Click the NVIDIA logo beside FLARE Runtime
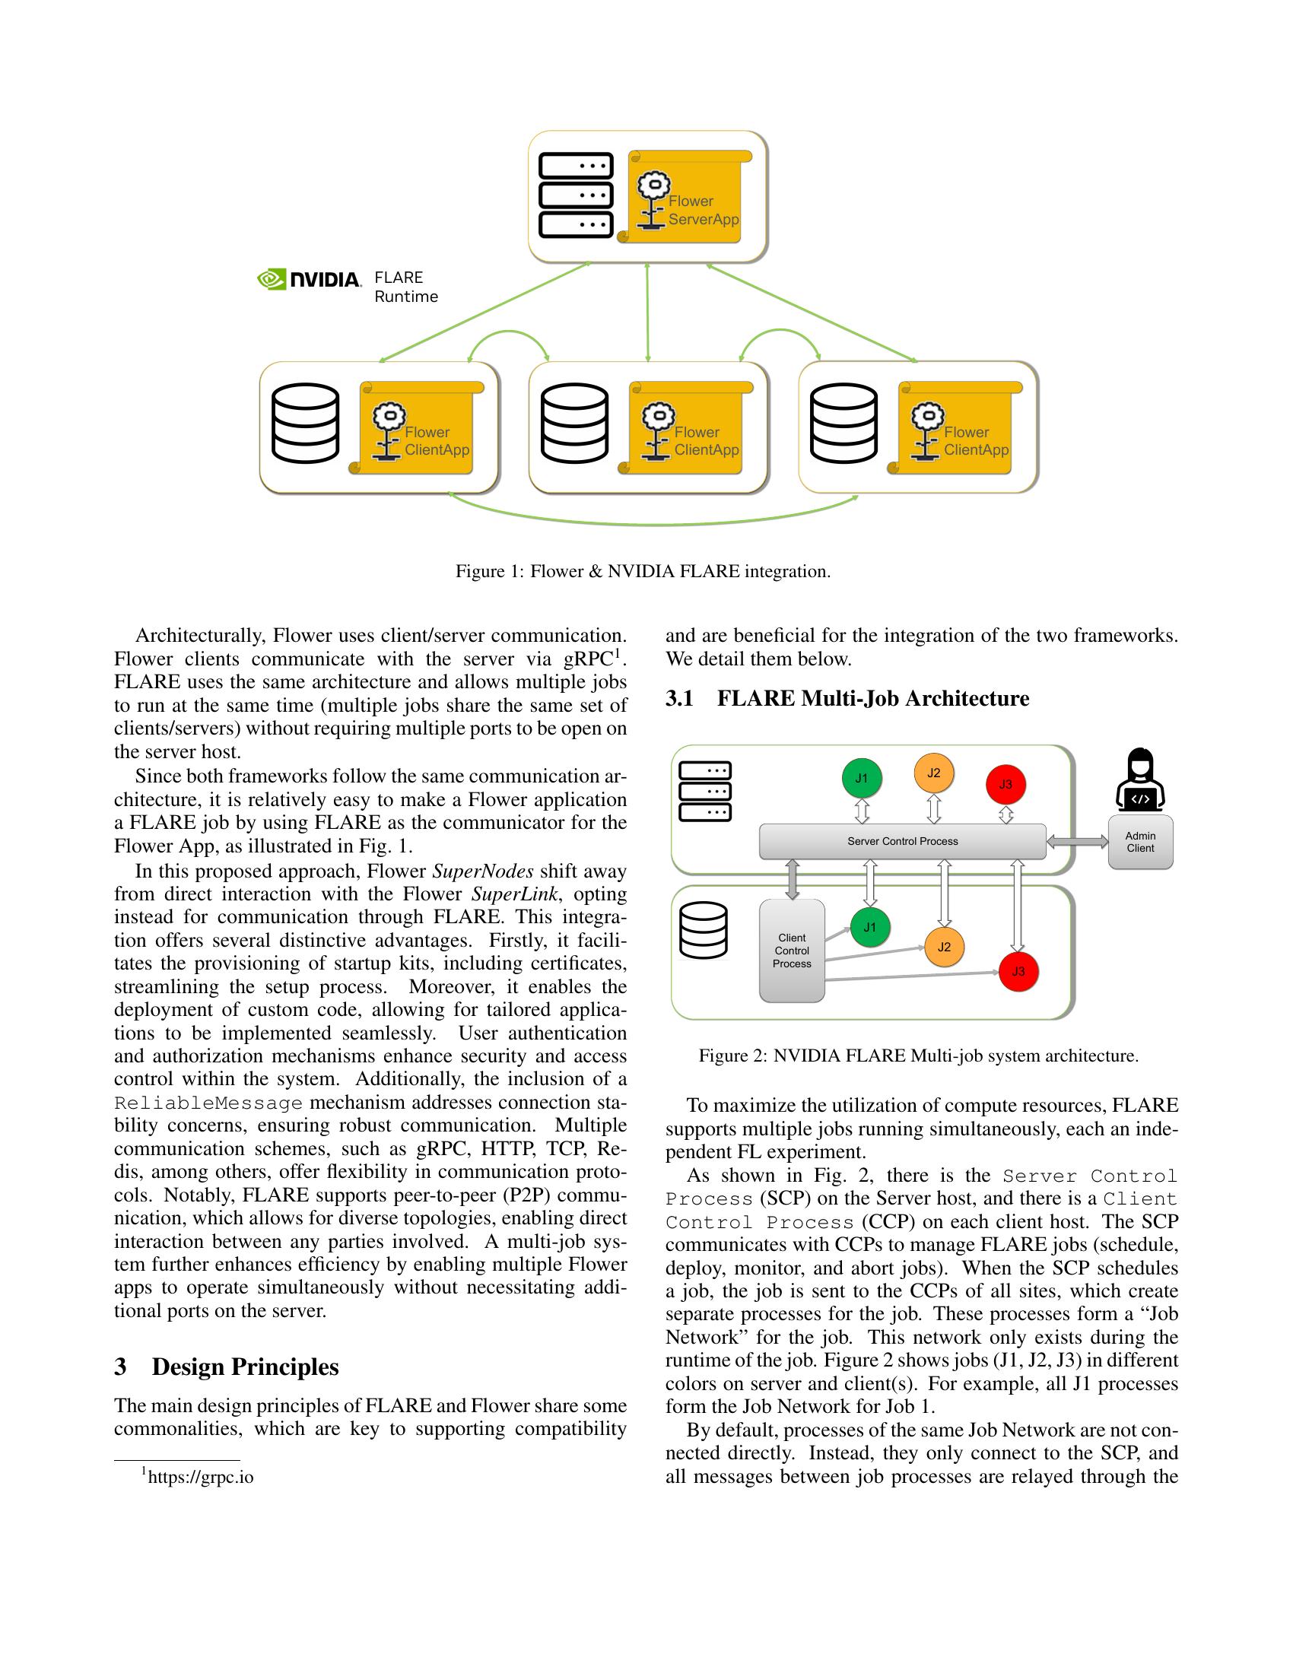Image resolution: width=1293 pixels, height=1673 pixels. (309, 280)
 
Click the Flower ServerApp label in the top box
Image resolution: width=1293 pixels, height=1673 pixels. (703, 210)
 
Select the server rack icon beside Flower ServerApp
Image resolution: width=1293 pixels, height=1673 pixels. (576, 195)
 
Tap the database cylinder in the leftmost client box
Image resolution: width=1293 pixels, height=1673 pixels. (306, 423)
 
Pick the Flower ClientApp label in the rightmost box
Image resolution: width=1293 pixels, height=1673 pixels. (975, 441)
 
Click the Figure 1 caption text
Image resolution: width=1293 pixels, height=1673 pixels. (643, 571)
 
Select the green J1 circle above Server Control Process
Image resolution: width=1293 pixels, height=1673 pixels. (862, 778)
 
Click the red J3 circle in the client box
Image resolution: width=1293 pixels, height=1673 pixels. (1018, 971)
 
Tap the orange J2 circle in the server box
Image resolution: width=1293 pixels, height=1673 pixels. (933, 773)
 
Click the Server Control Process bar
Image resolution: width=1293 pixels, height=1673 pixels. (901, 841)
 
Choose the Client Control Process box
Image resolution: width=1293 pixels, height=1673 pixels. (791, 951)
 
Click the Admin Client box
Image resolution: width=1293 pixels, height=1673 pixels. (1140, 842)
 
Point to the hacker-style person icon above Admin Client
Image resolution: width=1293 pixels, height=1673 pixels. (1140, 779)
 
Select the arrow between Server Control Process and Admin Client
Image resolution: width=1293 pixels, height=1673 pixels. (1077, 842)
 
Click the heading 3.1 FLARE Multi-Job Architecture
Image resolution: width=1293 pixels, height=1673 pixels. (847, 699)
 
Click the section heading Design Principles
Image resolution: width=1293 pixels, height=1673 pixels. (244, 1367)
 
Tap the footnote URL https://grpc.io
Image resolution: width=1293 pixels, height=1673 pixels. (200, 1477)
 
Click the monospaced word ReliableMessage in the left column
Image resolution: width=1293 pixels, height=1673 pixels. (208, 1103)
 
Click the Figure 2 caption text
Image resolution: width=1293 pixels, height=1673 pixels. (918, 1056)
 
